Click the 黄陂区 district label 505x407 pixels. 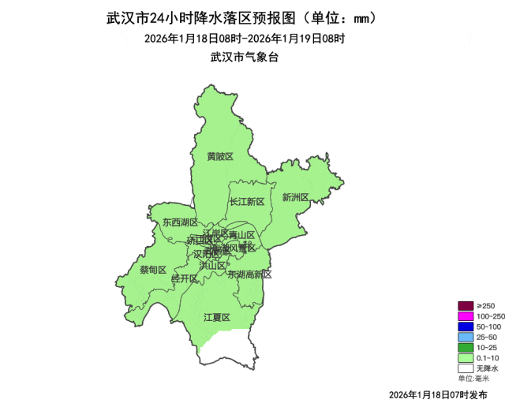pyautogui.click(x=220, y=156)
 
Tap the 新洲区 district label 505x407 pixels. pyautogui.click(x=295, y=197)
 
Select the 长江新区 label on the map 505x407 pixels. pyautogui.click(x=246, y=201)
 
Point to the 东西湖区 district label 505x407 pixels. pyautogui.click(x=181, y=223)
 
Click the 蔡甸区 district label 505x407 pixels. pyautogui.click(x=153, y=270)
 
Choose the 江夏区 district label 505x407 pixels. pyautogui.click(x=216, y=317)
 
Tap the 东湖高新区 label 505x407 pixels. pyautogui.click(x=249, y=274)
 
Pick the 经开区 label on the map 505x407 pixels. pyautogui.click(x=184, y=278)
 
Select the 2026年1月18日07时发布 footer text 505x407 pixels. pyautogui.click(x=438, y=394)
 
